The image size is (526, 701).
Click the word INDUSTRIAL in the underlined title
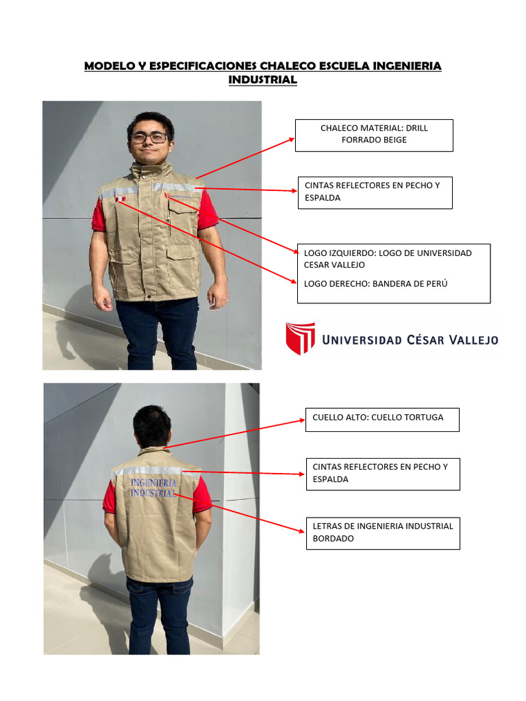point(262,80)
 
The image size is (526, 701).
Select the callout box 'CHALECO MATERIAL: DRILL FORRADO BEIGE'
point(374,134)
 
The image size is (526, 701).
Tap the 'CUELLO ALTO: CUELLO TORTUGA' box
point(381,418)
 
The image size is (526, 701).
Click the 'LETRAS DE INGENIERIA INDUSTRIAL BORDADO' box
point(382,533)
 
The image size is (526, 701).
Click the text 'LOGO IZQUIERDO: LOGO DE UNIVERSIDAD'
point(388,253)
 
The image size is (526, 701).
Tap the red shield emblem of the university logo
point(300,338)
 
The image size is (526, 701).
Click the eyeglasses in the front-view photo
point(149,138)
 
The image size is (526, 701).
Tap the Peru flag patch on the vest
point(121,199)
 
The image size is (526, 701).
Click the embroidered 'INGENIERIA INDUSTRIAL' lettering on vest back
point(153,487)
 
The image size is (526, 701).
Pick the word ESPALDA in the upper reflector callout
point(323,198)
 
